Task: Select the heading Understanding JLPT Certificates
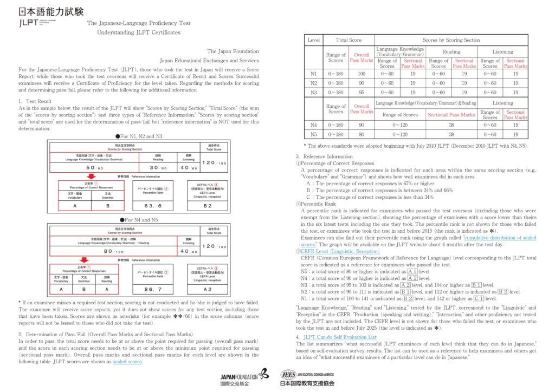click(138, 32)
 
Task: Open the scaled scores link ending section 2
click(127, 362)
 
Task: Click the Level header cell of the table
click(313, 40)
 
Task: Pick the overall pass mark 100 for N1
click(361, 73)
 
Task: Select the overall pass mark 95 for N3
click(361, 92)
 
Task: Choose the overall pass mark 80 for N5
click(361, 134)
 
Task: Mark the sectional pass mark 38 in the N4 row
click(450, 125)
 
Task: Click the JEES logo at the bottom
click(307, 377)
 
